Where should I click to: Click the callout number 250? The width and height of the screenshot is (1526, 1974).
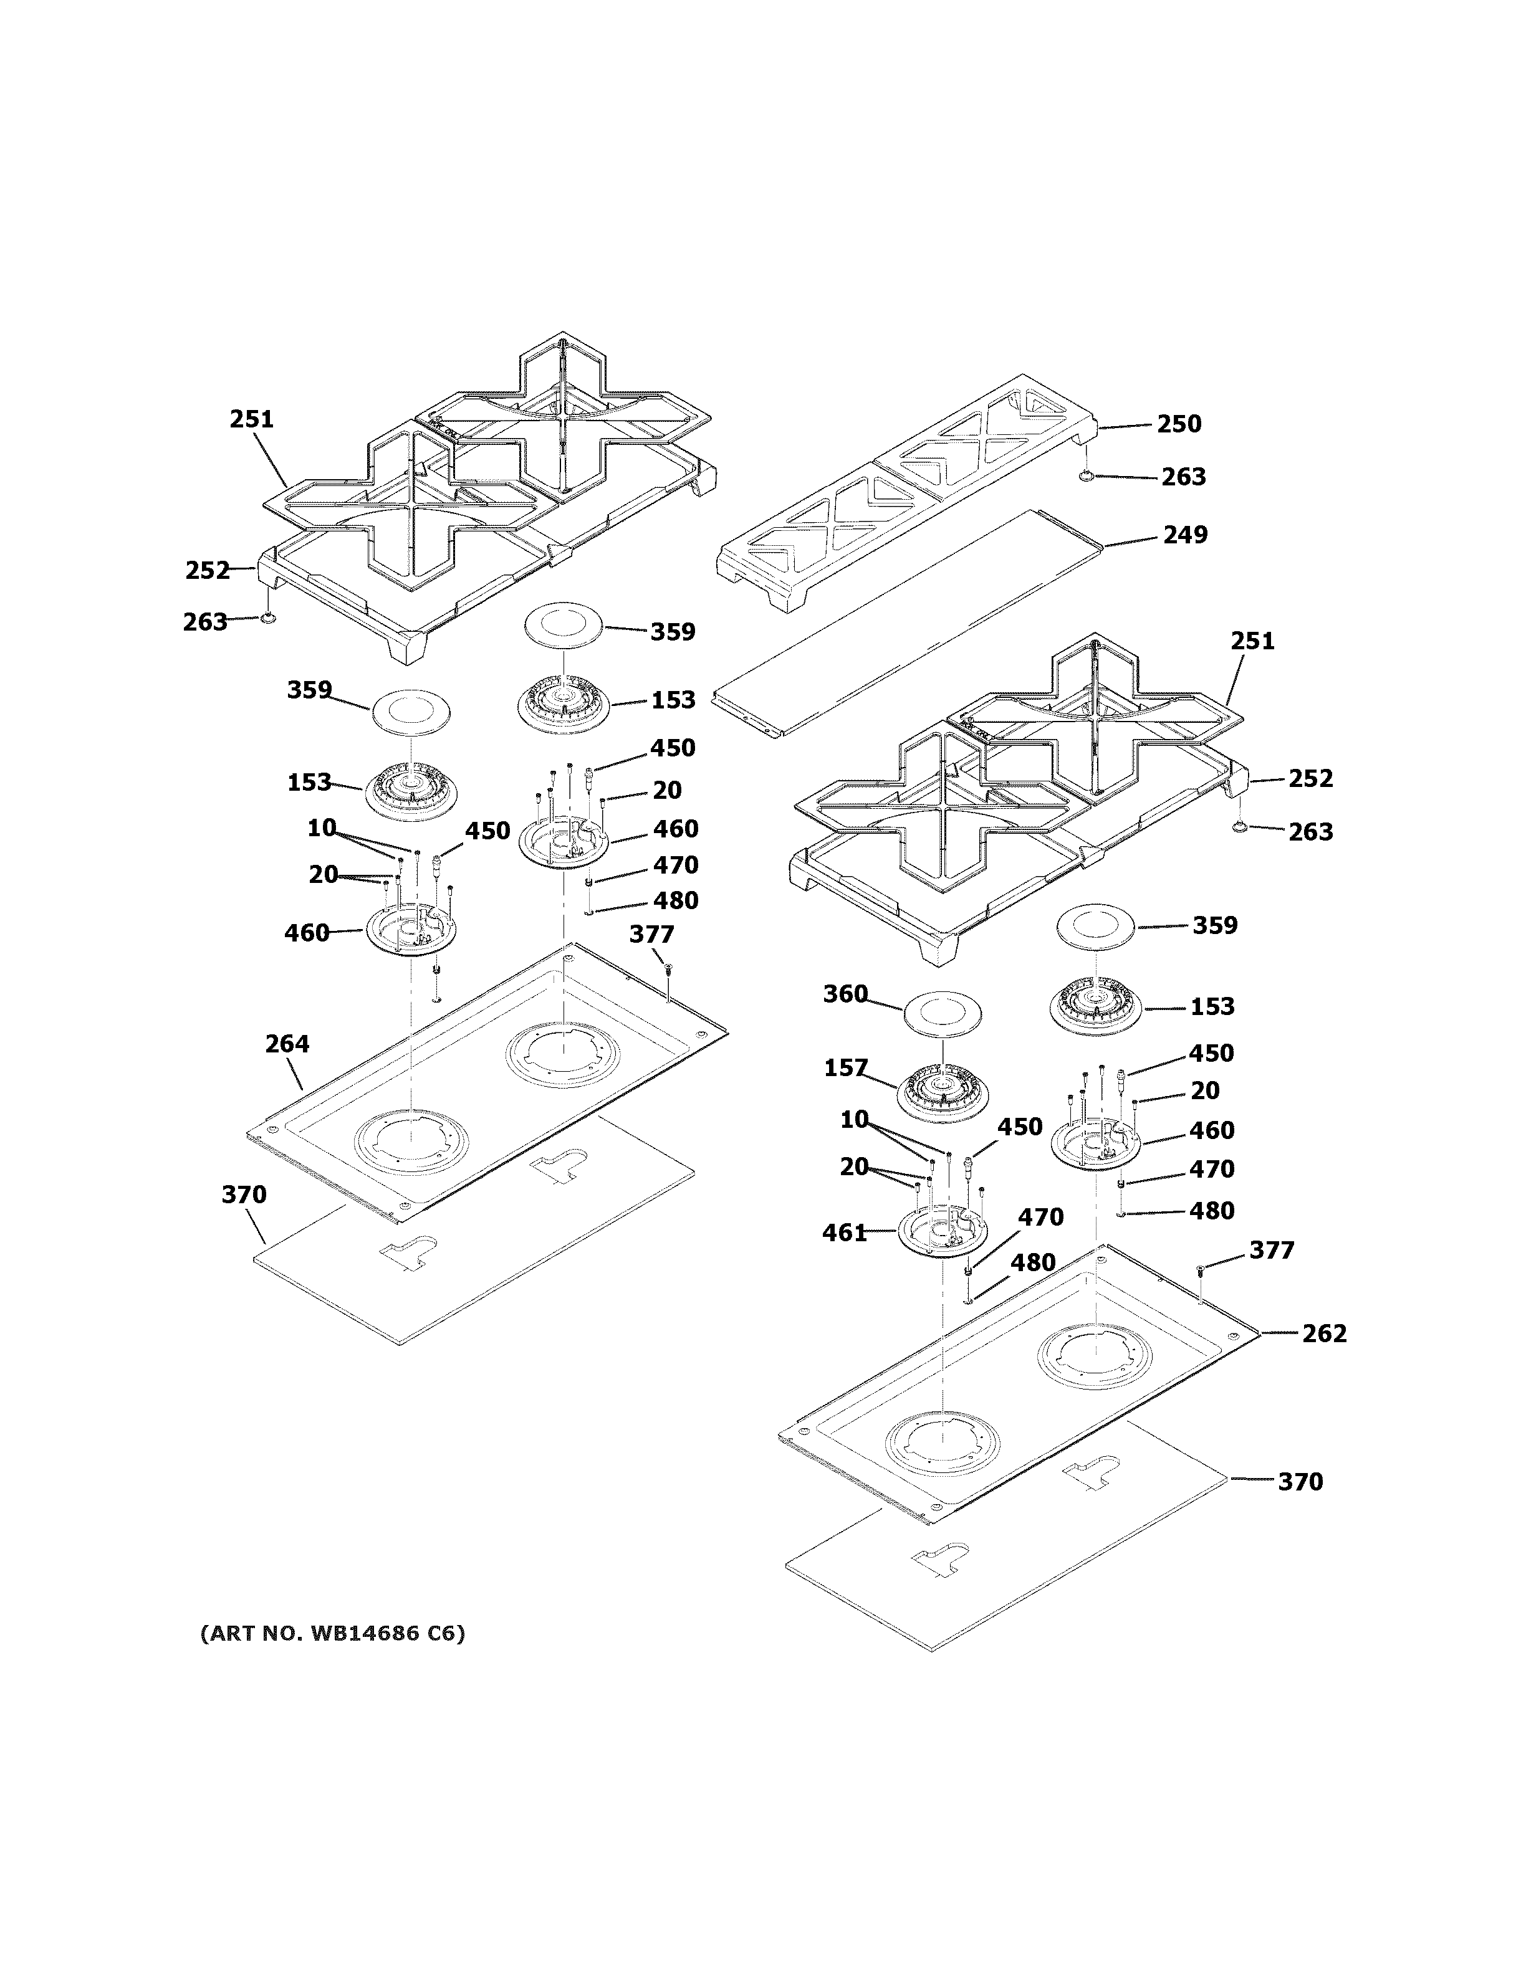(x=1179, y=424)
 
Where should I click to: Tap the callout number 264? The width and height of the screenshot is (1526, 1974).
(x=287, y=1044)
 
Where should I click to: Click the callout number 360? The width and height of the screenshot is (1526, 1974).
(x=845, y=994)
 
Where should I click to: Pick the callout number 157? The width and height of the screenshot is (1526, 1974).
(x=845, y=1069)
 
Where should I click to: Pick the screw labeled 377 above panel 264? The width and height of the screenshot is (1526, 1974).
(x=667, y=968)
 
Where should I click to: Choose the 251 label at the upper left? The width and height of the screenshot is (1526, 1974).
(x=251, y=419)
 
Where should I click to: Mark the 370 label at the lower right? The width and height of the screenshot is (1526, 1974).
(x=1299, y=1481)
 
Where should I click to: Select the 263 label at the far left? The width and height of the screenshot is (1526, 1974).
(x=204, y=622)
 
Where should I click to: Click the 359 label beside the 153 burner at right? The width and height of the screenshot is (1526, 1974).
(x=1214, y=925)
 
